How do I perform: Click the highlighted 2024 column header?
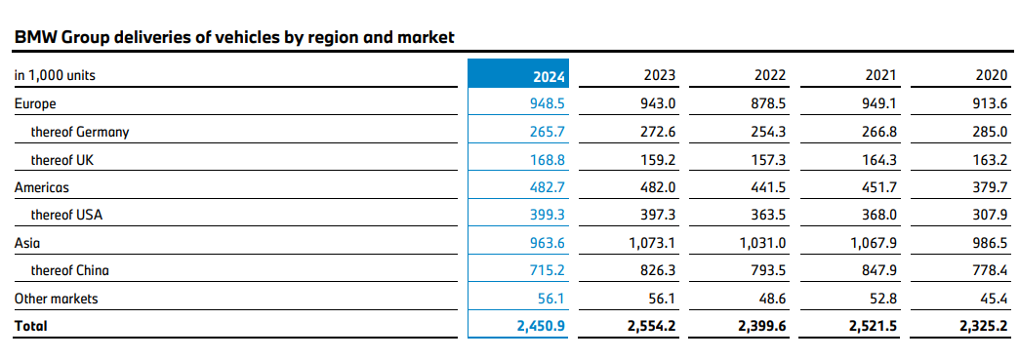click(550, 75)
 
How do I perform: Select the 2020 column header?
click(992, 75)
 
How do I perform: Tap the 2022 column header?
click(770, 75)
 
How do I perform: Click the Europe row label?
click(35, 102)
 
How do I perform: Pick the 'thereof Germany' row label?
click(80, 132)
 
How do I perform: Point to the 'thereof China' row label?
click(72, 270)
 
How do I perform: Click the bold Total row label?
click(30, 327)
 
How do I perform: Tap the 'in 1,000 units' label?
click(55, 75)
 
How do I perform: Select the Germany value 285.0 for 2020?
click(991, 132)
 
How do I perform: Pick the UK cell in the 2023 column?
click(659, 159)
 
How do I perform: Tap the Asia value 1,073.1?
click(653, 242)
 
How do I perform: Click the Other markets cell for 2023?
click(663, 299)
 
